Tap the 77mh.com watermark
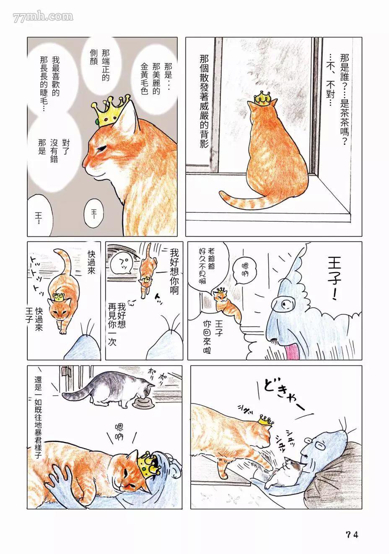tap(43, 17)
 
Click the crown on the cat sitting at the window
tap(263, 98)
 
